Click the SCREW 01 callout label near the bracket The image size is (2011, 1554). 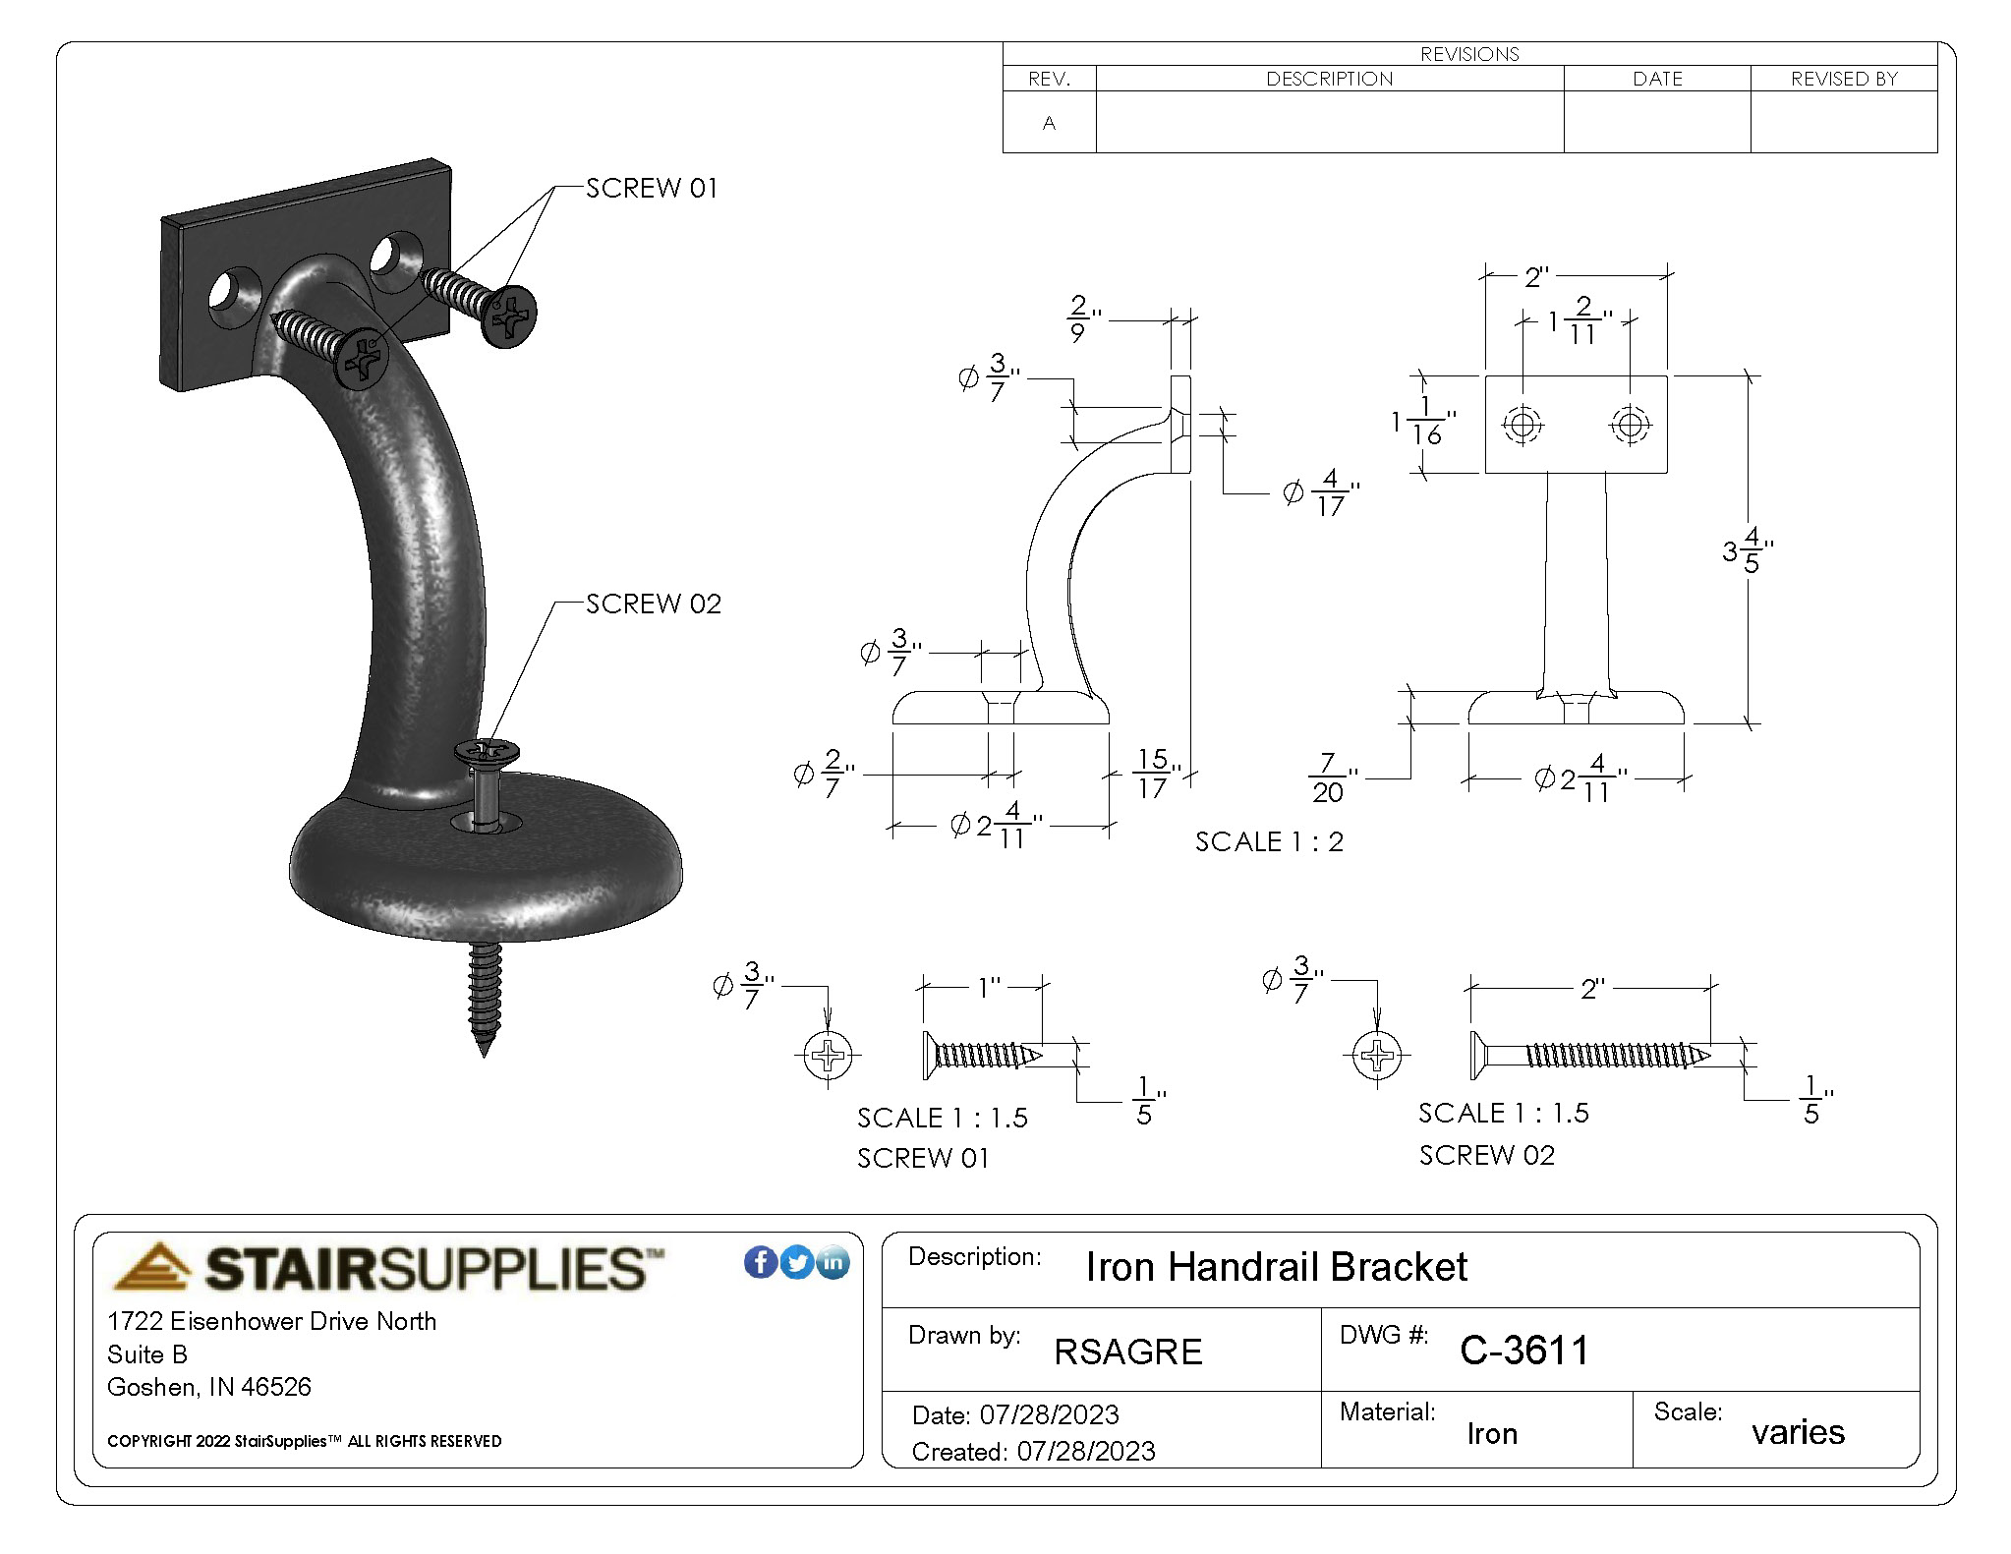coord(652,188)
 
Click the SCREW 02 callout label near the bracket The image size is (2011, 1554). coord(654,604)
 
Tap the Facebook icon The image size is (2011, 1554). coord(761,1262)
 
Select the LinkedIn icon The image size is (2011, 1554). coord(833,1262)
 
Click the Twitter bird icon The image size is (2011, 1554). coord(797,1262)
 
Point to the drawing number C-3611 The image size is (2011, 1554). coord(1524,1351)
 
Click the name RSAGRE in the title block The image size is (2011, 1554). coord(1128,1353)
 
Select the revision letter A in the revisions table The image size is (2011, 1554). coord(1049,123)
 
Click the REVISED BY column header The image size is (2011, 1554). coord(1844,79)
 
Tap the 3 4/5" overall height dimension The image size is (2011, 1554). coord(1748,550)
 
